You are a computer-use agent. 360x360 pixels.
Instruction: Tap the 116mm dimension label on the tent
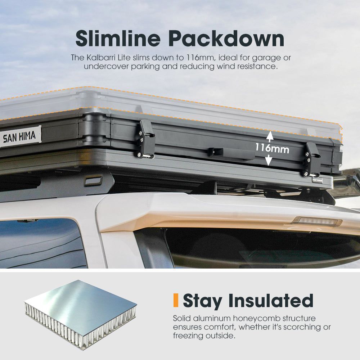(x=272, y=148)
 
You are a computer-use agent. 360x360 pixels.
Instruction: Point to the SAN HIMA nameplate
(x=20, y=136)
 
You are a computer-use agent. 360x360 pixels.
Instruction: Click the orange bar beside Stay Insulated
(x=176, y=300)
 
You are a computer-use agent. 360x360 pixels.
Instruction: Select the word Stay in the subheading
(x=202, y=301)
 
